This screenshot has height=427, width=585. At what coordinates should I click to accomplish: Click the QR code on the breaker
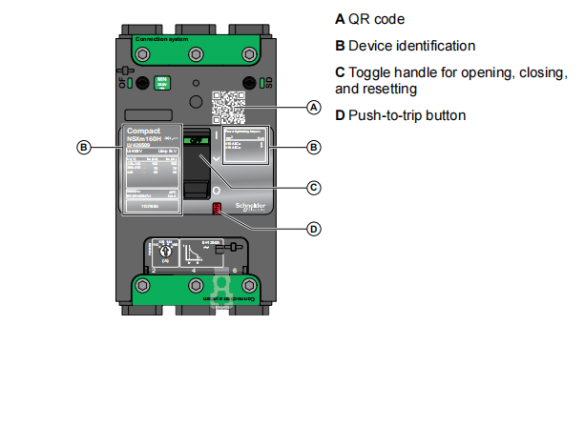(226, 106)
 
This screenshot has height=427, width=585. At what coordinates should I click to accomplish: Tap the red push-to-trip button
(217, 208)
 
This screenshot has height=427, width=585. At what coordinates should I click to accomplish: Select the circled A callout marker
(313, 108)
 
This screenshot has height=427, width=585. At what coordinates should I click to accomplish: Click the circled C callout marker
(313, 188)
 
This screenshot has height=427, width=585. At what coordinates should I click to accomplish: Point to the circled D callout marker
(313, 228)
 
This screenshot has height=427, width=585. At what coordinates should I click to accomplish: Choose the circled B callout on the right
(313, 147)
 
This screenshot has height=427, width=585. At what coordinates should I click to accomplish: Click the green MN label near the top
(162, 84)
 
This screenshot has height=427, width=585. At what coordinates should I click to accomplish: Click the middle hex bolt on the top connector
(197, 53)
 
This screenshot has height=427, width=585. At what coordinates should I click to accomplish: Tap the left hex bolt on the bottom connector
(143, 286)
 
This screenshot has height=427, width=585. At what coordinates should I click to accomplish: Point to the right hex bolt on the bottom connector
(250, 286)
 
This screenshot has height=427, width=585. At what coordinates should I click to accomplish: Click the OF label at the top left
(121, 81)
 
